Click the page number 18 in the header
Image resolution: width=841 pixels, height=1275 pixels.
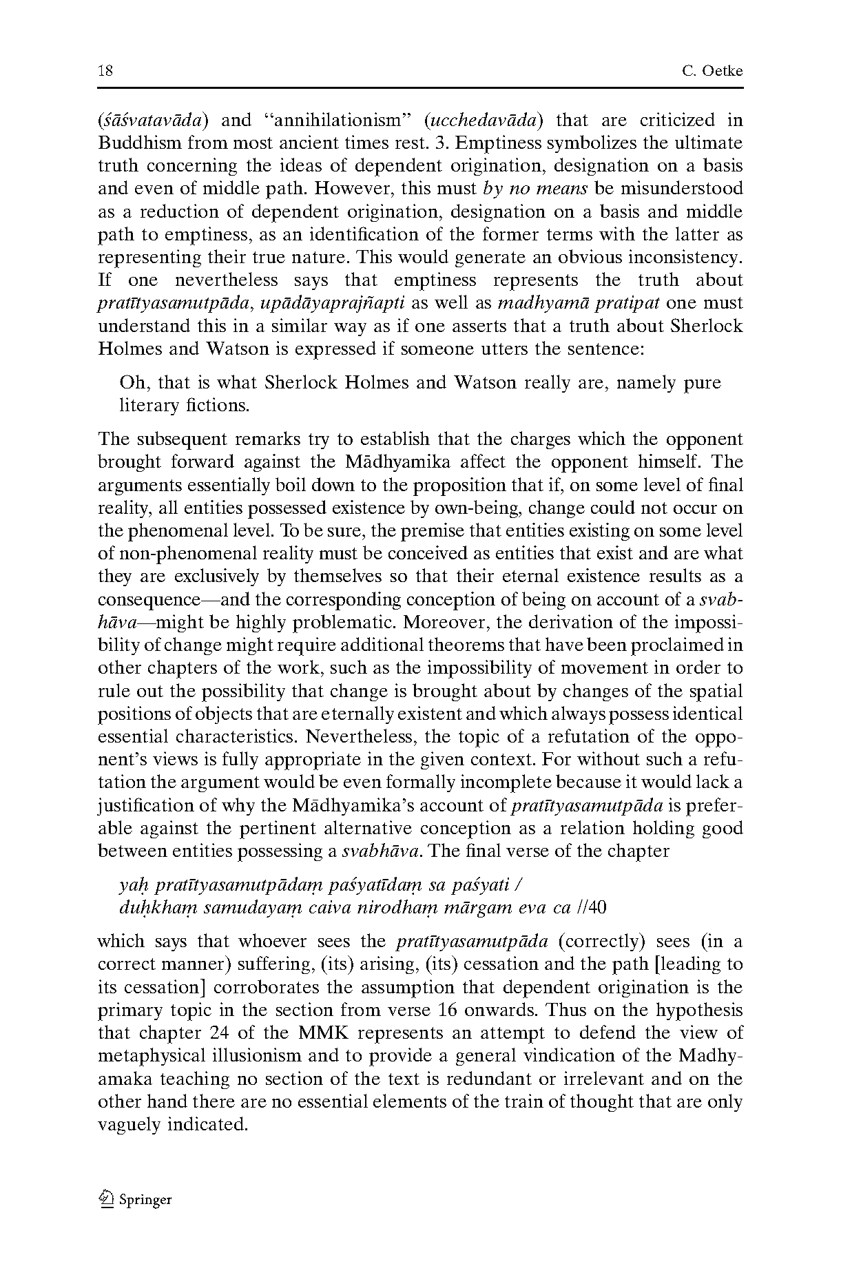tap(105, 71)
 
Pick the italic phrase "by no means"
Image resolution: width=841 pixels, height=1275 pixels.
tap(534, 189)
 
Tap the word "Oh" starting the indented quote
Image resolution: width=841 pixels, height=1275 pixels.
tap(131, 382)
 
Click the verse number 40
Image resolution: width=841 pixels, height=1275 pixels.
tap(597, 907)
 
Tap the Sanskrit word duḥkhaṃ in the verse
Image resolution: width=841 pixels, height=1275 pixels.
tap(149, 907)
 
